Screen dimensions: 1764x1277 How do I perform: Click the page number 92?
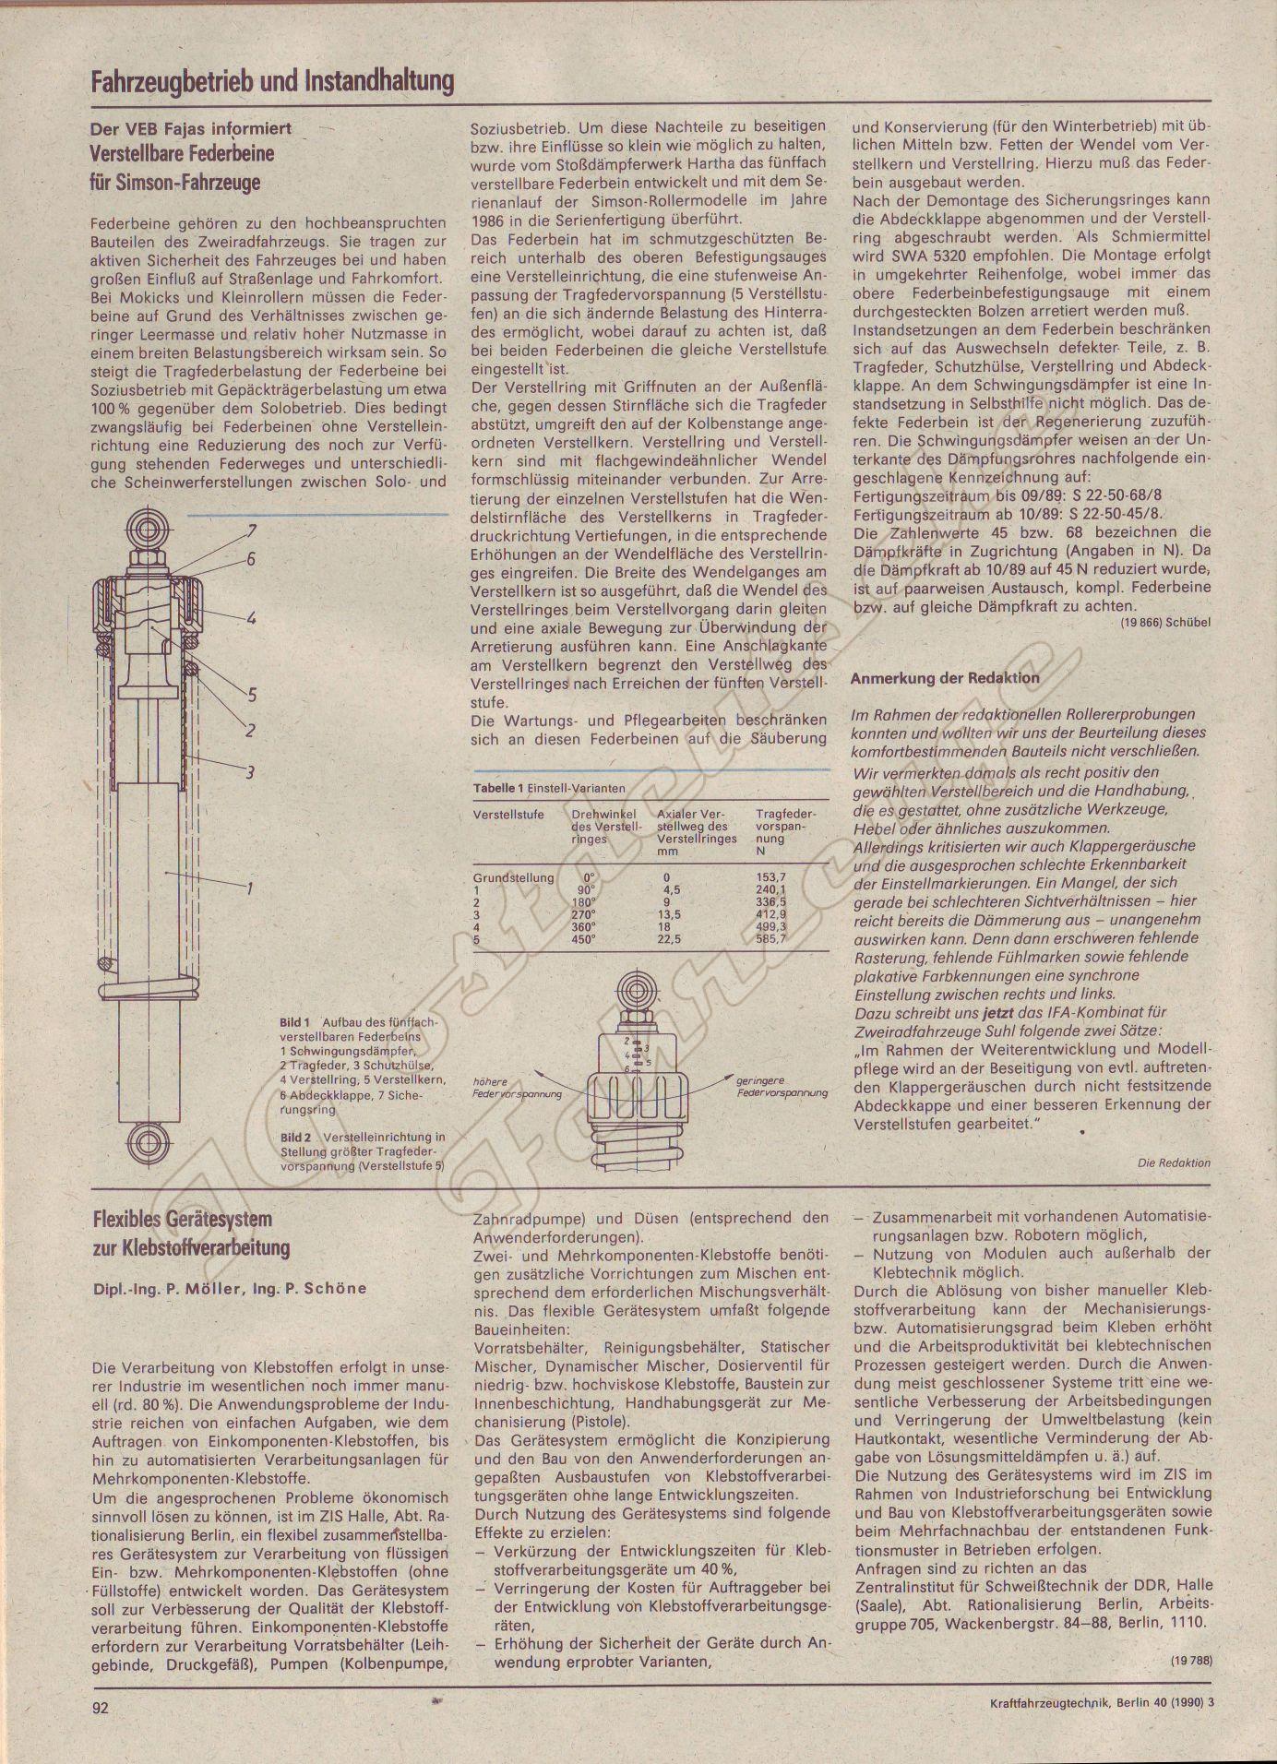101,1707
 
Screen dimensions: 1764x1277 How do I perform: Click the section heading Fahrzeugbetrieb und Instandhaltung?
272,82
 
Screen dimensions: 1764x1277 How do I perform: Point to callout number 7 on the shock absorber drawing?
250,530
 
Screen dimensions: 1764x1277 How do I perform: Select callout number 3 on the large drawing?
250,773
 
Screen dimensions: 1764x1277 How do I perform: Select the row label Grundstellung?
514,876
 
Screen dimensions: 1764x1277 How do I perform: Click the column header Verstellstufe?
508,815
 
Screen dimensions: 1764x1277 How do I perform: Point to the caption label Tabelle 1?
498,789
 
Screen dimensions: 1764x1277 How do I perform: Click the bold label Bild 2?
295,1137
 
